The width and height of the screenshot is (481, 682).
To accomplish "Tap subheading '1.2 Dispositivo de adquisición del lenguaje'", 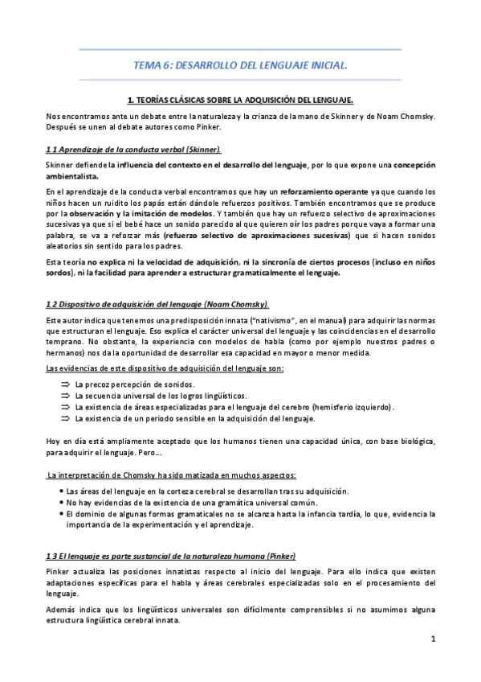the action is click(157, 303).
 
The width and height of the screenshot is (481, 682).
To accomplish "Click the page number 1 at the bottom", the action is click(432, 639).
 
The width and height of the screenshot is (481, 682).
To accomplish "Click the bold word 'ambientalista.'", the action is click(73, 175).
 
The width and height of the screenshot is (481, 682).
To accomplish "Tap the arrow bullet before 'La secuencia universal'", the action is click(65, 396).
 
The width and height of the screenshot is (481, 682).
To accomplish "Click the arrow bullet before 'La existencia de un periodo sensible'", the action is click(65, 418).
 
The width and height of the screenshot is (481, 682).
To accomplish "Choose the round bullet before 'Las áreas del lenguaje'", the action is click(62, 491).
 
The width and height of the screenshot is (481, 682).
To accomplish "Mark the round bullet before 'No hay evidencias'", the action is click(62, 502).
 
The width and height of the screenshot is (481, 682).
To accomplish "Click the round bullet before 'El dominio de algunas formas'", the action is click(62, 513).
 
